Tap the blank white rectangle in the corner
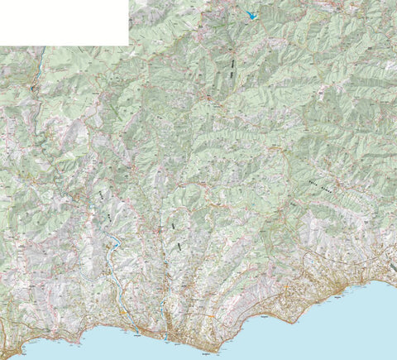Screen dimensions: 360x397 (64, 22)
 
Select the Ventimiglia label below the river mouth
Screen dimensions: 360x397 (136, 335)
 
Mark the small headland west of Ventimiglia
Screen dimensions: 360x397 (83, 338)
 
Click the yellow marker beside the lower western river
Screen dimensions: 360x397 (124, 314)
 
